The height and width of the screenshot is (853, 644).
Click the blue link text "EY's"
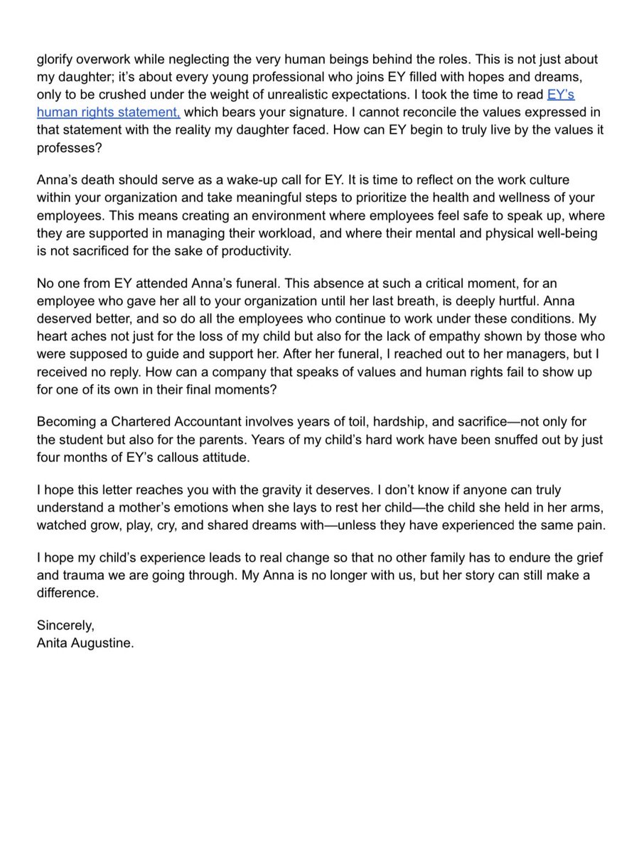(560, 95)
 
